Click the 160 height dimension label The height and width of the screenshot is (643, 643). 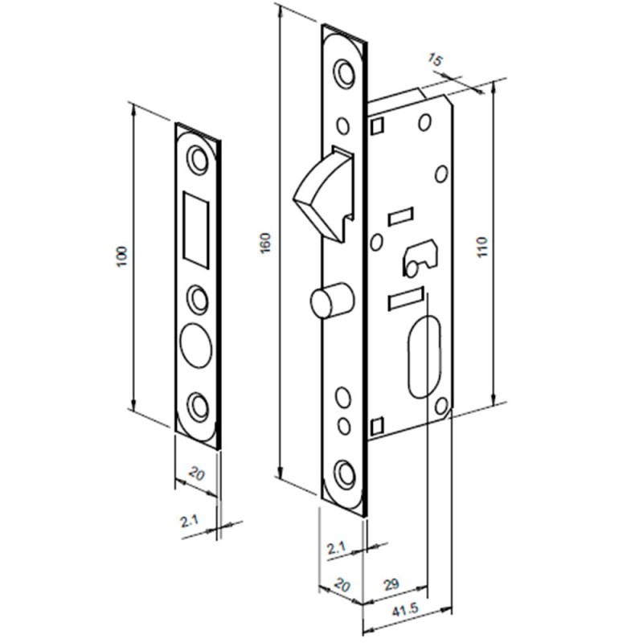[266, 243]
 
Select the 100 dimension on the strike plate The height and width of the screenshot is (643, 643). [122, 256]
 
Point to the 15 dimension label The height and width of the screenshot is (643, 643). [435, 59]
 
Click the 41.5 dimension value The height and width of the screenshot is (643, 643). [405, 611]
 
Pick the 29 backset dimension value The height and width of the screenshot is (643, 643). [391, 584]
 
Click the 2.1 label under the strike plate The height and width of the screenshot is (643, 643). [189, 521]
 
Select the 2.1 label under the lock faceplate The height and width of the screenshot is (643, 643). [337, 548]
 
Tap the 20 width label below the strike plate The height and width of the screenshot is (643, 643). [197, 474]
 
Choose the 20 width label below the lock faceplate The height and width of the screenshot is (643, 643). [342, 585]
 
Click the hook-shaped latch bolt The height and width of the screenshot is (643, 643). [324, 193]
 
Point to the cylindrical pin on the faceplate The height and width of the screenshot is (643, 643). [331, 300]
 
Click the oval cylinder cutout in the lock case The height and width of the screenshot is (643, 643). [424, 356]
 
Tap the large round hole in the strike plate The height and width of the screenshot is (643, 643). [196, 346]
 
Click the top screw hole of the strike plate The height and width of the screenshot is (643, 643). [197, 159]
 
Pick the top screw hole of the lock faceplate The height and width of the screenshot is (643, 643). [345, 73]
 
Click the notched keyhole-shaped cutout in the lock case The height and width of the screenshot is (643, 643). [420, 257]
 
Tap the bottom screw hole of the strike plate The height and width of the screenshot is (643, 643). [197, 407]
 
